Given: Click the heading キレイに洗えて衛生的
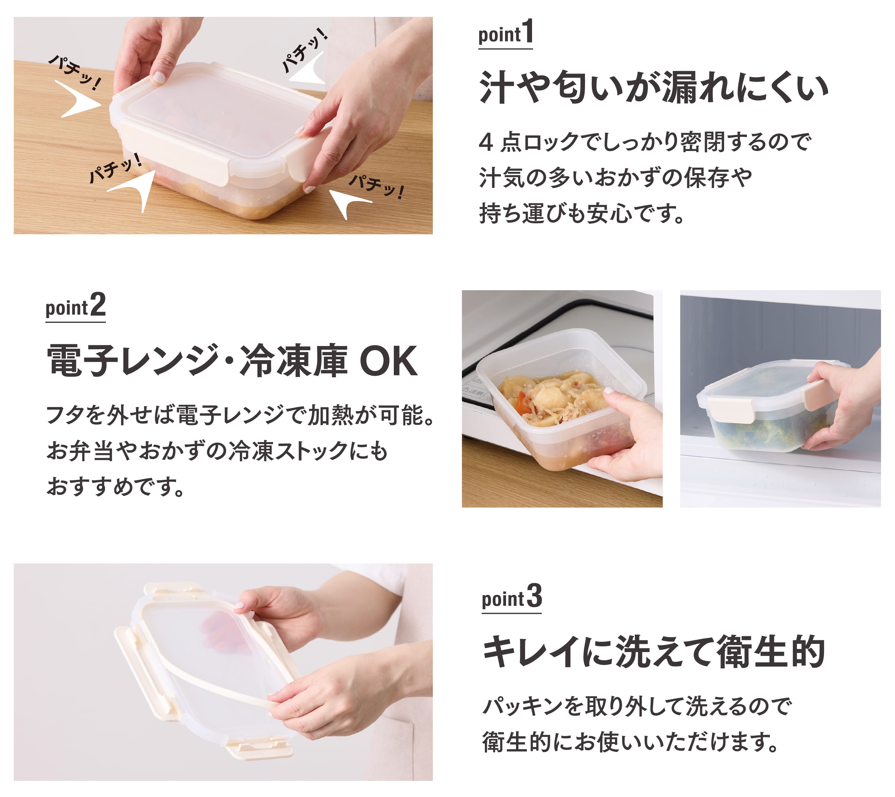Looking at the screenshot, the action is pyautogui.click(x=653, y=651).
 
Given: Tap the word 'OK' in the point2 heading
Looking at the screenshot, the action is pyautogui.click(x=388, y=361).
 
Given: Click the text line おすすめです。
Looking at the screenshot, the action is pyautogui.click(x=116, y=486).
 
